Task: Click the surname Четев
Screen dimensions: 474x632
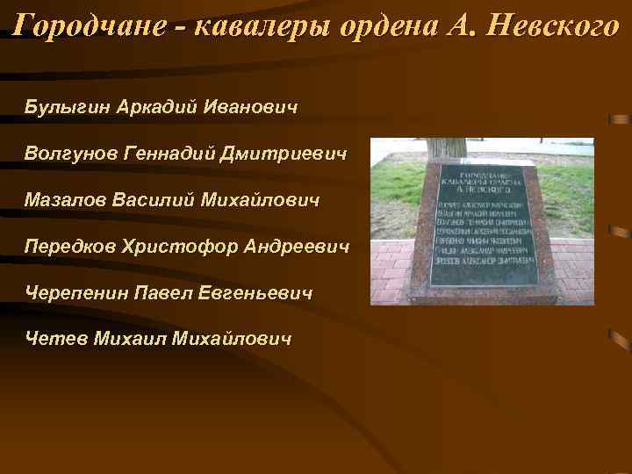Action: pyautogui.click(x=54, y=338)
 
